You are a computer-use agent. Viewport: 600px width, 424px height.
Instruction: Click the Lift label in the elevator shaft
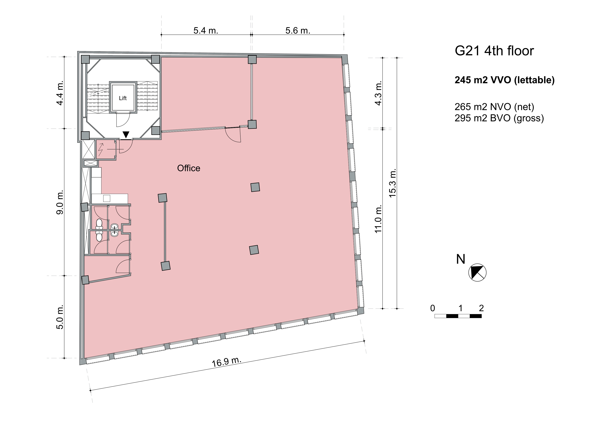(123, 98)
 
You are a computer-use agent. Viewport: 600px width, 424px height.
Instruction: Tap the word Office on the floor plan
(189, 168)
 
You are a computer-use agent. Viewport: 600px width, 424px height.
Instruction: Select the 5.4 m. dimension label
(206, 31)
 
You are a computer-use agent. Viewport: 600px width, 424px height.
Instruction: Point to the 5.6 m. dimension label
(298, 31)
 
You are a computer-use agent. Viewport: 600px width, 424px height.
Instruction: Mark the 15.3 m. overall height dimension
(392, 183)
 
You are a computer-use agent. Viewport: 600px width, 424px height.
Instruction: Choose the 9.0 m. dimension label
(60, 202)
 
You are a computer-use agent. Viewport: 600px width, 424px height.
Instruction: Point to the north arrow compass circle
(477, 272)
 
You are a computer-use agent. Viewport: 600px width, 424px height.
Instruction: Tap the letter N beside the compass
(460, 259)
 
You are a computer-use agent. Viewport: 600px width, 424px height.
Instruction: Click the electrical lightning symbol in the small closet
(101, 149)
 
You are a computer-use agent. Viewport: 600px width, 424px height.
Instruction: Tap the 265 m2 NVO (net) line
(494, 107)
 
